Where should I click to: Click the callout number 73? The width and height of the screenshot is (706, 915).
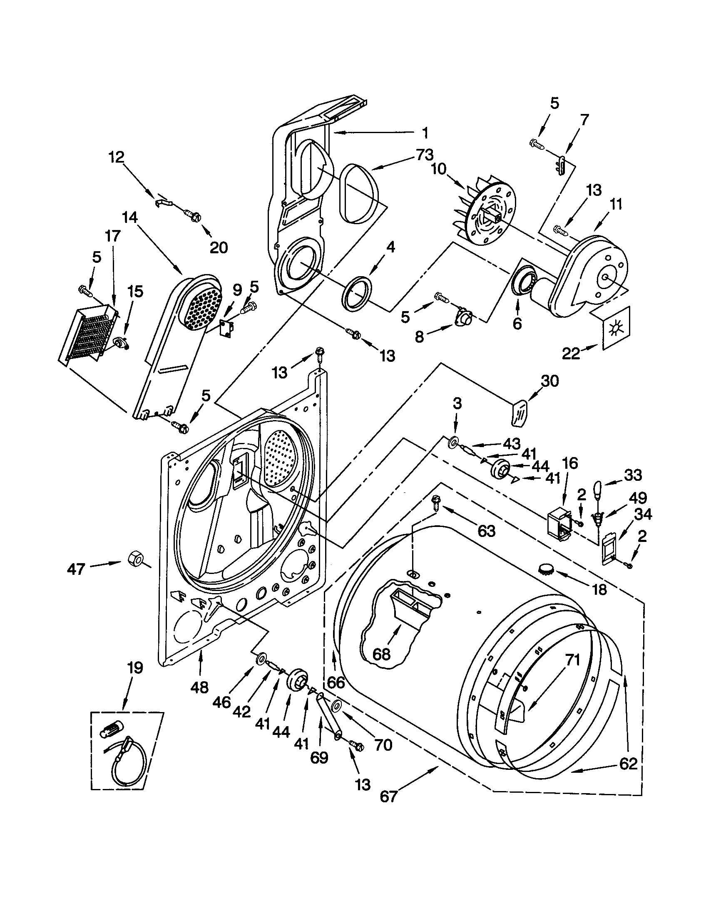pyautogui.click(x=424, y=155)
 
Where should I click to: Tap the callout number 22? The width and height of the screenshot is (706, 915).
pyautogui.click(x=571, y=354)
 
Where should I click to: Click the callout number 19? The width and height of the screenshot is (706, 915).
pyautogui.click(x=135, y=668)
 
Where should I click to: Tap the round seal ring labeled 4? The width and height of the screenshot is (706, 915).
pyautogui.click(x=357, y=293)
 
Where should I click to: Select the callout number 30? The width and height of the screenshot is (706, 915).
pyautogui.click(x=549, y=381)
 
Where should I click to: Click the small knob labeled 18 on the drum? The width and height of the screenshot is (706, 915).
pyautogui.click(x=545, y=569)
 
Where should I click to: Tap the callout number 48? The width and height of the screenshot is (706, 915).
pyautogui.click(x=199, y=687)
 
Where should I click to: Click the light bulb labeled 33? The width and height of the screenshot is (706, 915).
pyautogui.click(x=598, y=489)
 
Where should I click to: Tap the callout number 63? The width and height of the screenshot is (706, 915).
pyautogui.click(x=486, y=531)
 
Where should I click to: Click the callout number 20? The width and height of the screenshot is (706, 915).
pyautogui.click(x=218, y=247)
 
